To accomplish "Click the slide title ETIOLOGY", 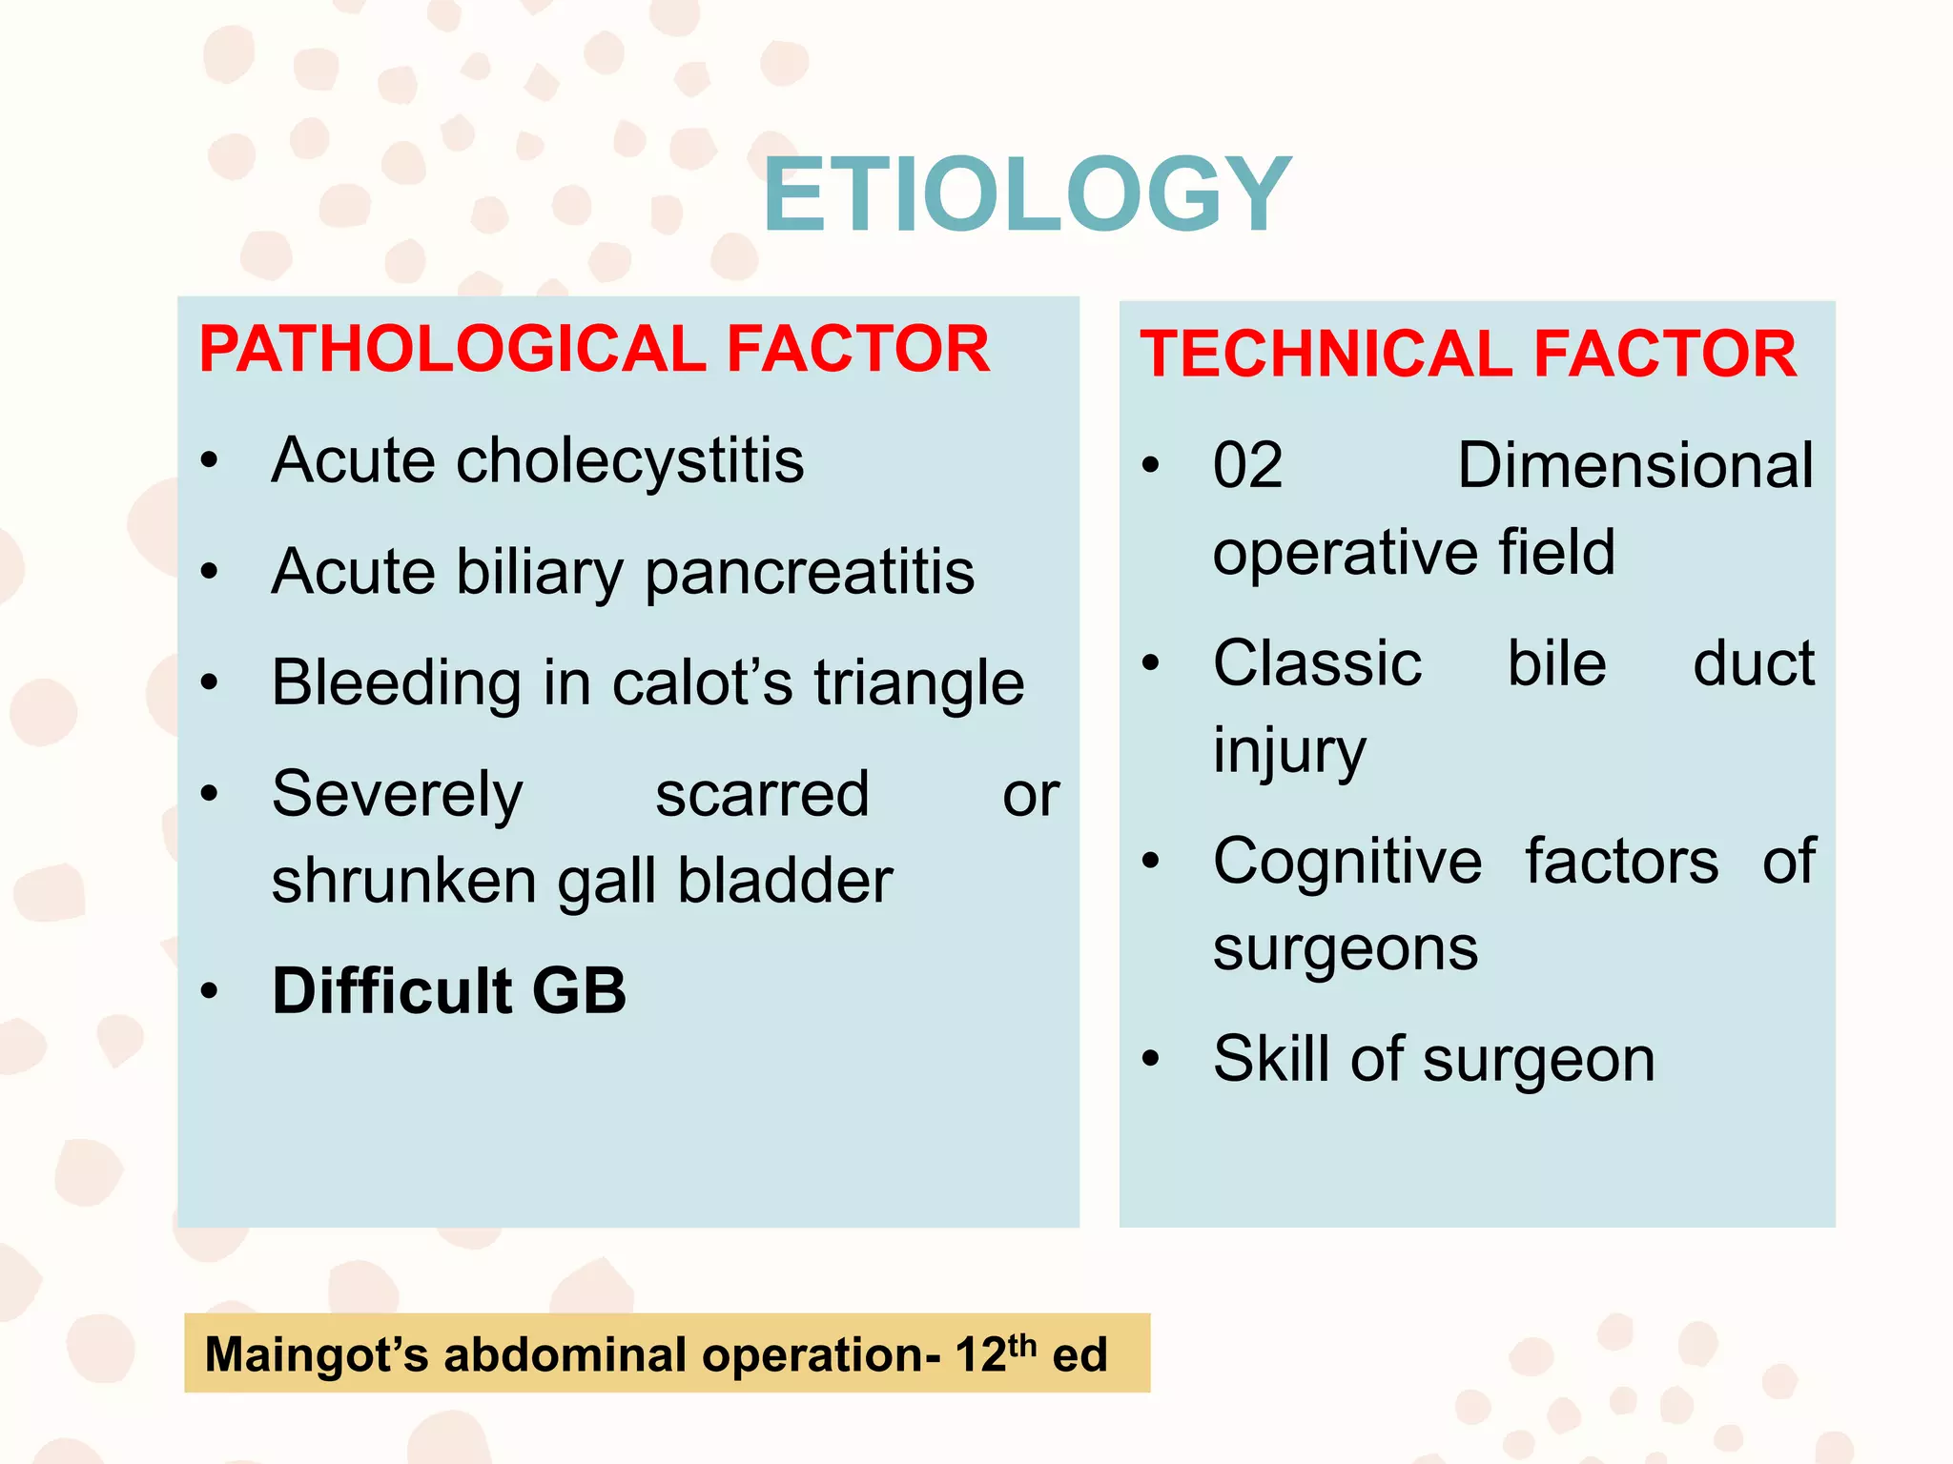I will pyautogui.click(x=1026, y=196).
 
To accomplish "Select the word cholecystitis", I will pyautogui.click(x=630, y=461).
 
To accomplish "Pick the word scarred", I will pyautogui.click(x=762, y=794).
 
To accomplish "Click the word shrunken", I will pyautogui.click(x=404, y=880).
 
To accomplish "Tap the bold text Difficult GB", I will pyautogui.click(x=449, y=991).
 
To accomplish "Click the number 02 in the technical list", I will pyautogui.click(x=1247, y=466).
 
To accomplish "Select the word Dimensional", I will pyautogui.click(x=1634, y=466).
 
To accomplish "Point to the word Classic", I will pyautogui.click(x=1317, y=663).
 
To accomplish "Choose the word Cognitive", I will pyautogui.click(x=1347, y=862).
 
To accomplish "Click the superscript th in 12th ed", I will pyautogui.click(x=1021, y=1344).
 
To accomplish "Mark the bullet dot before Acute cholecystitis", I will pyautogui.click(x=210, y=461).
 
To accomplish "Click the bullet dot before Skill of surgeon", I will pyautogui.click(x=1151, y=1059).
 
